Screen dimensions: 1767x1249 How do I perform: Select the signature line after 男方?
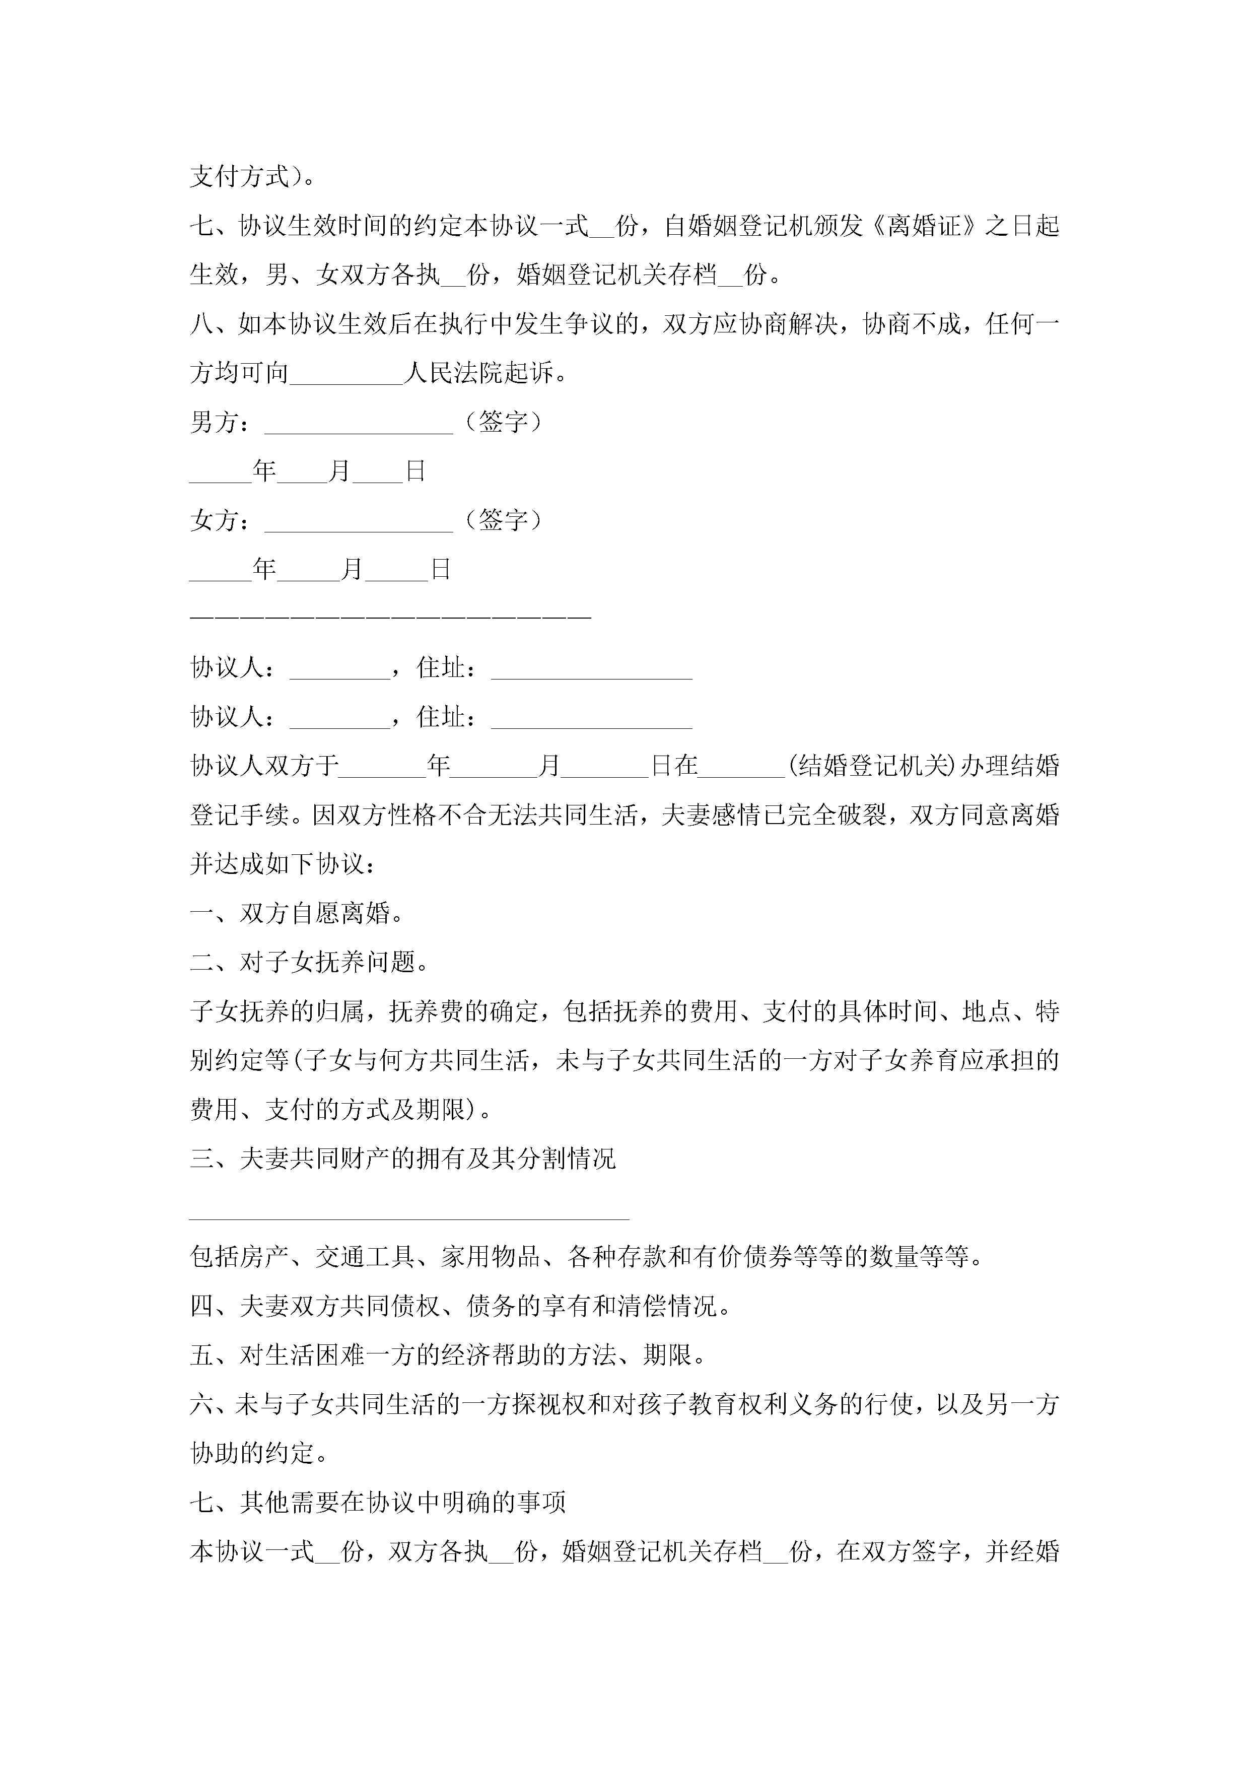tap(359, 423)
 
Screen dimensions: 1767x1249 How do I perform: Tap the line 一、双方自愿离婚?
tap(297, 914)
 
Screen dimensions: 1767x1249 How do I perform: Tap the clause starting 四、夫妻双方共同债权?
tap(460, 1307)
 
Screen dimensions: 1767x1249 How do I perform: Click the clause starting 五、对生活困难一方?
tap(448, 1355)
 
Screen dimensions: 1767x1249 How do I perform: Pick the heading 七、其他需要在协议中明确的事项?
tap(378, 1502)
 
